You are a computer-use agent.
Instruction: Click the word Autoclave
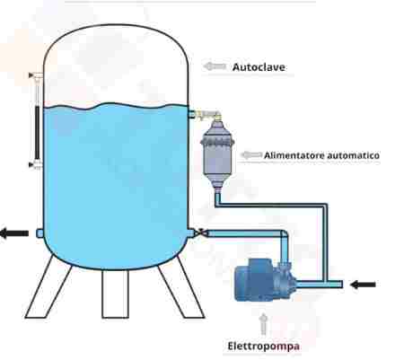(259, 66)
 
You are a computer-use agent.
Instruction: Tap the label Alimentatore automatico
(321, 155)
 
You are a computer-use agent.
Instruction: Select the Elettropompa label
(264, 346)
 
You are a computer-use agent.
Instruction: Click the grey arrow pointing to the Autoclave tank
(215, 66)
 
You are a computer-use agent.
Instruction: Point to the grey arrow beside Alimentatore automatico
(251, 155)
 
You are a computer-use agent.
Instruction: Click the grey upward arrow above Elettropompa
(263, 324)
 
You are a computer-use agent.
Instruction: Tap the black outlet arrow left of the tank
(14, 233)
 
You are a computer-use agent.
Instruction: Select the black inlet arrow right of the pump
(363, 285)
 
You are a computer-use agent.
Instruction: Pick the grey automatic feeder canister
(217, 154)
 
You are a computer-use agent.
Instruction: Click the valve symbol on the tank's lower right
(201, 232)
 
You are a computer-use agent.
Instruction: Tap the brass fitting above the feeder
(207, 115)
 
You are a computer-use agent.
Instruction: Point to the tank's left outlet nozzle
(39, 233)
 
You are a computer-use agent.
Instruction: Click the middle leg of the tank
(116, 294)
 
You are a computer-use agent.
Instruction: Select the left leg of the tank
(48, 288)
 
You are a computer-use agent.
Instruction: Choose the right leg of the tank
(181, 288)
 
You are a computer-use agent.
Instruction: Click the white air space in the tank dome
(116, 66)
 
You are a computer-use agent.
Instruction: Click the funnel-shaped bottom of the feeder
(217, 182)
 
